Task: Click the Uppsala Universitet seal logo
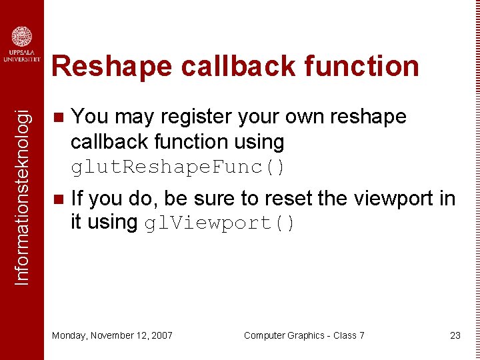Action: click(x=22, y=37)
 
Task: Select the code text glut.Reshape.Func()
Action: click(x=178, y=167)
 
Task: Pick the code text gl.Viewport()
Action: click(x=220, y=223)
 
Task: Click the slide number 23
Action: click(x=455, y=335)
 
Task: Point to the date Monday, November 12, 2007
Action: click(x=112, y=335)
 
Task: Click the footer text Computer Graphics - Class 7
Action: click(x=304, y=335)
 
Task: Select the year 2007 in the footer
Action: click(x=162, y=335)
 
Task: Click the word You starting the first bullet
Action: click(x=90, y=117)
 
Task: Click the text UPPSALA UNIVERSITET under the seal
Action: click(x=22, y=56)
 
